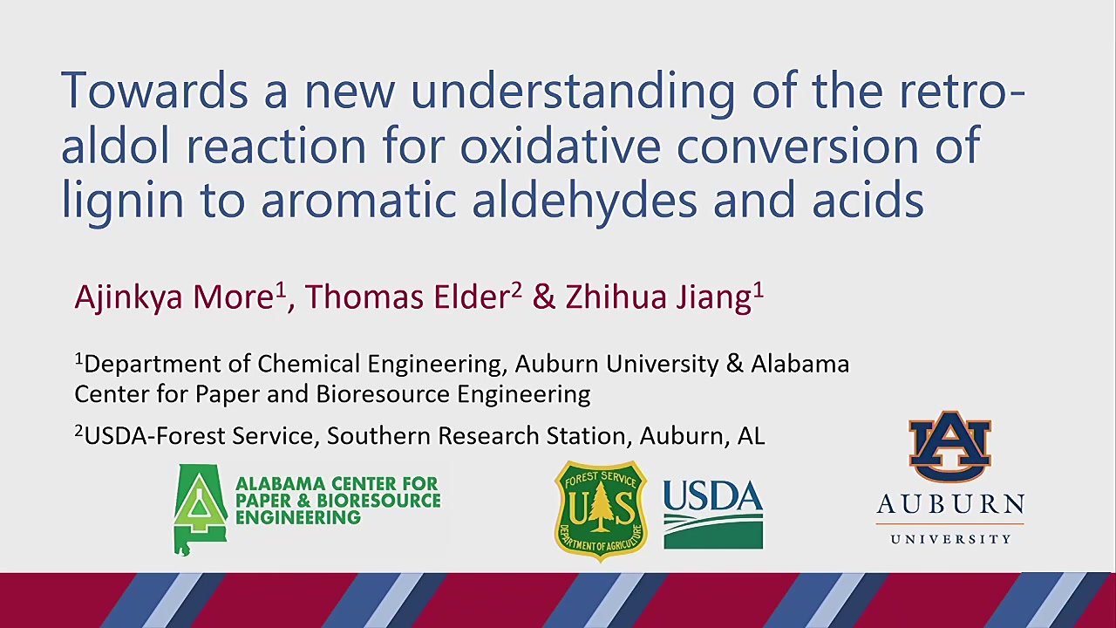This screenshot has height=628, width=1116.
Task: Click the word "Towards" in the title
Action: point(154,92)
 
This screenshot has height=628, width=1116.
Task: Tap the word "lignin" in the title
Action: point(122,202)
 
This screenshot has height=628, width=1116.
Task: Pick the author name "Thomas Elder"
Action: point(406,297)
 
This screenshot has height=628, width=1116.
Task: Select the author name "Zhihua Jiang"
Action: point(658,298)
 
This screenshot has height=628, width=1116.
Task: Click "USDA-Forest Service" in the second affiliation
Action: point(198,436)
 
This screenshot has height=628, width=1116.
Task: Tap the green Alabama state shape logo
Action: point(201,509)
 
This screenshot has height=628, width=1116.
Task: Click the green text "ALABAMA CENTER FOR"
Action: point(337,483)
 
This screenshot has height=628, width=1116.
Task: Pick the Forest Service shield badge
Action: point(601,511)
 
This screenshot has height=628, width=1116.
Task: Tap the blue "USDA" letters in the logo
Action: point(713,496)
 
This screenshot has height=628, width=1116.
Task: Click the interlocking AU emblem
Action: point(950,447)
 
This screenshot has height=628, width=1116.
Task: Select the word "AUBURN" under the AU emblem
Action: point(950,504)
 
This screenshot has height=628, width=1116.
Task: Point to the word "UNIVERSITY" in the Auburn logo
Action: point(950,539)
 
